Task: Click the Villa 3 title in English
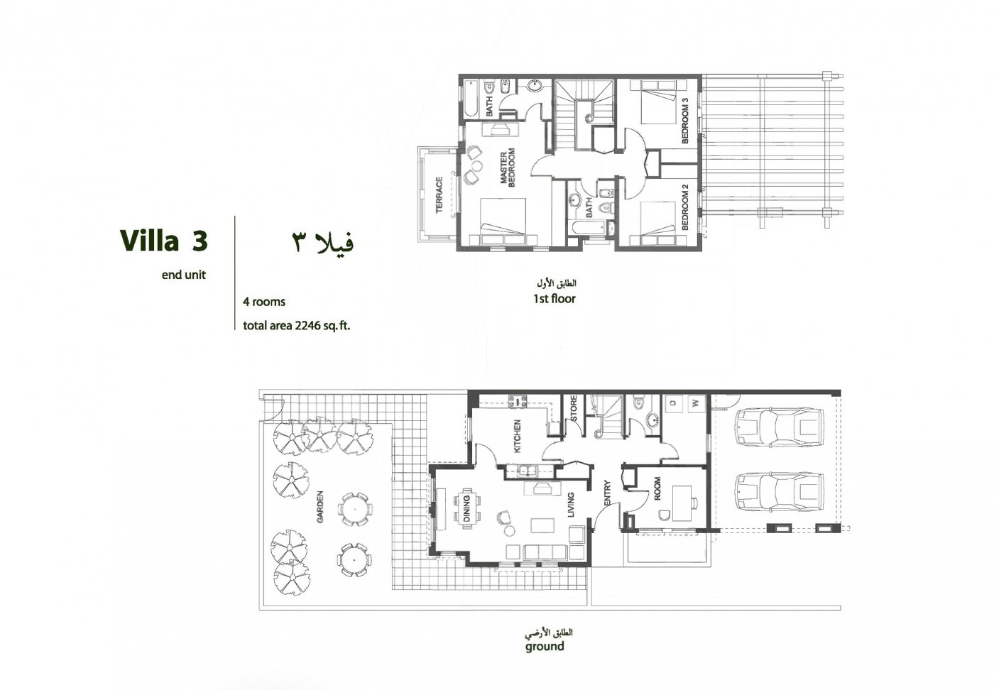point(163,240)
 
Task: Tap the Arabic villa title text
point(323,242)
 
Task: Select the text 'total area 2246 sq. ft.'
point(297,327)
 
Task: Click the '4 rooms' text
point(264,302)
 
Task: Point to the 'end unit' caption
point(184,275)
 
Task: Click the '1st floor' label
point(554,299)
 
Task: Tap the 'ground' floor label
point(545,647)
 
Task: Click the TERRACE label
point(439,195)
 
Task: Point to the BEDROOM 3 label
point(685,121)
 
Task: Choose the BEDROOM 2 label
point(685,208)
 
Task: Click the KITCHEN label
point(518,436)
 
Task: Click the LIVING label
point(572,505)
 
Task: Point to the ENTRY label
point(607,494)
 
